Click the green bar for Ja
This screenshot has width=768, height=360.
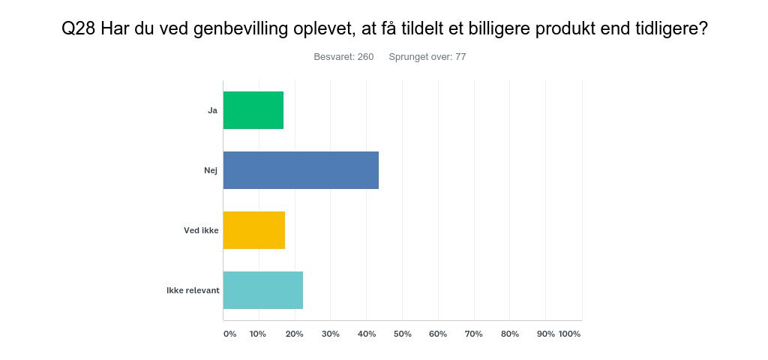(x=253, y=110)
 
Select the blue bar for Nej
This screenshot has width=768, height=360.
(x=301, y=170)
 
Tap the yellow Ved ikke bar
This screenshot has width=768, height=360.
(x=254, y=230)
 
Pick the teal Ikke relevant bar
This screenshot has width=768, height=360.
(x=263, y=290)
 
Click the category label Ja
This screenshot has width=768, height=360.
(x=212, y=111)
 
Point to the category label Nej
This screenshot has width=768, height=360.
(x=211, y=170)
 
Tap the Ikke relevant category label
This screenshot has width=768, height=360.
(x=193, y=290)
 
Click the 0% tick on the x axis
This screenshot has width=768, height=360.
(x=229, y=334)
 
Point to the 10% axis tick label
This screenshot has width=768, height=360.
(x=258, y=334)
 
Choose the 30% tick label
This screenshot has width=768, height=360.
(x=331, y=334)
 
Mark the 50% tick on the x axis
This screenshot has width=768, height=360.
(x=403, y=334)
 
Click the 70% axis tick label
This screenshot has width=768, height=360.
(x=474, y=334)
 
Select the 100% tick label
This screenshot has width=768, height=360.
(x=570, y=334)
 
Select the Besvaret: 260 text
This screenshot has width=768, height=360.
(x=343, y=57)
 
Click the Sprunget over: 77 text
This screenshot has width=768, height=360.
(x=427, y=57)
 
